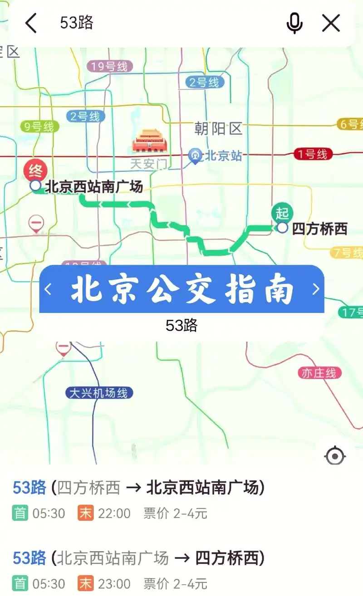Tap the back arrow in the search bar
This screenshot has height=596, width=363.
click(x=31, y=23)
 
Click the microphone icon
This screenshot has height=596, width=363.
click(x=294, y=23)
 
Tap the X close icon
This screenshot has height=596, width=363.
click(x=331, y=23)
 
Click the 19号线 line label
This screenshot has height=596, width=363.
click(x=110, y=67)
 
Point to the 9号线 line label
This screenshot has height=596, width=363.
click(x=39, y=127)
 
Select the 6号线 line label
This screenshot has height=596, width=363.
click(x=351, y=124)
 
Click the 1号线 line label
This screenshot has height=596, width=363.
click(x=313, y=154)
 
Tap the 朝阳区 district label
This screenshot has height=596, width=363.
click(x=219, y=129)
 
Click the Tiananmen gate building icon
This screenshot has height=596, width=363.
click(x=150, y=141)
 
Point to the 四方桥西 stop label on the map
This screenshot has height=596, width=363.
click(x=319, y=229)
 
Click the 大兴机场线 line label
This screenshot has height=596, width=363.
click(x=98, y=393)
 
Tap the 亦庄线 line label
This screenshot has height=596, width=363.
click(x=319, y=373)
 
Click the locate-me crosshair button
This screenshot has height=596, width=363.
click(x=335, y=456)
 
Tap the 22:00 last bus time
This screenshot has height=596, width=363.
click(x=114, y=513)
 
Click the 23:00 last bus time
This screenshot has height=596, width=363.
click(x=114, y=583)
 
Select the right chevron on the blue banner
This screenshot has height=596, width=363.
click(x=316, y=289)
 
